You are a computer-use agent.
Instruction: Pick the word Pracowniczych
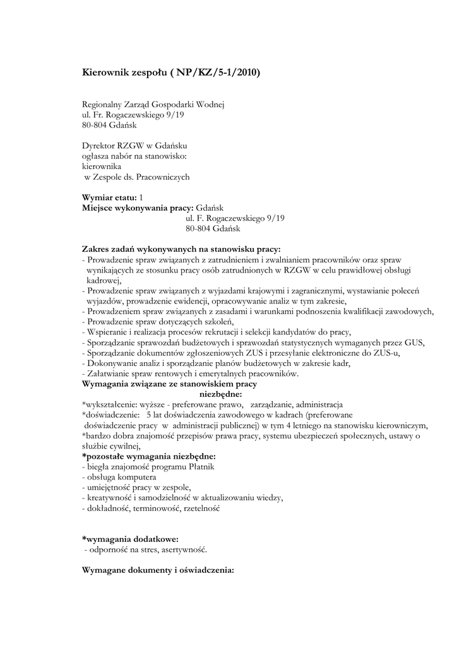[x=162, y=177]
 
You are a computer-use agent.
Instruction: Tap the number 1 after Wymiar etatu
[x=141, y=197]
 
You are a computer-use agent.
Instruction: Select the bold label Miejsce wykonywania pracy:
[x=138, y=208]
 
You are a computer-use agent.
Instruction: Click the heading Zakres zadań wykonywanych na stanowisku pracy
[x=182, y=249]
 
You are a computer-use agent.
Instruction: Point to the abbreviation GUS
[x=415, y=342]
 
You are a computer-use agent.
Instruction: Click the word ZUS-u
[x=386, y=353]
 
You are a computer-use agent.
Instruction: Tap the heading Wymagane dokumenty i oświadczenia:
[x=158, y=570]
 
